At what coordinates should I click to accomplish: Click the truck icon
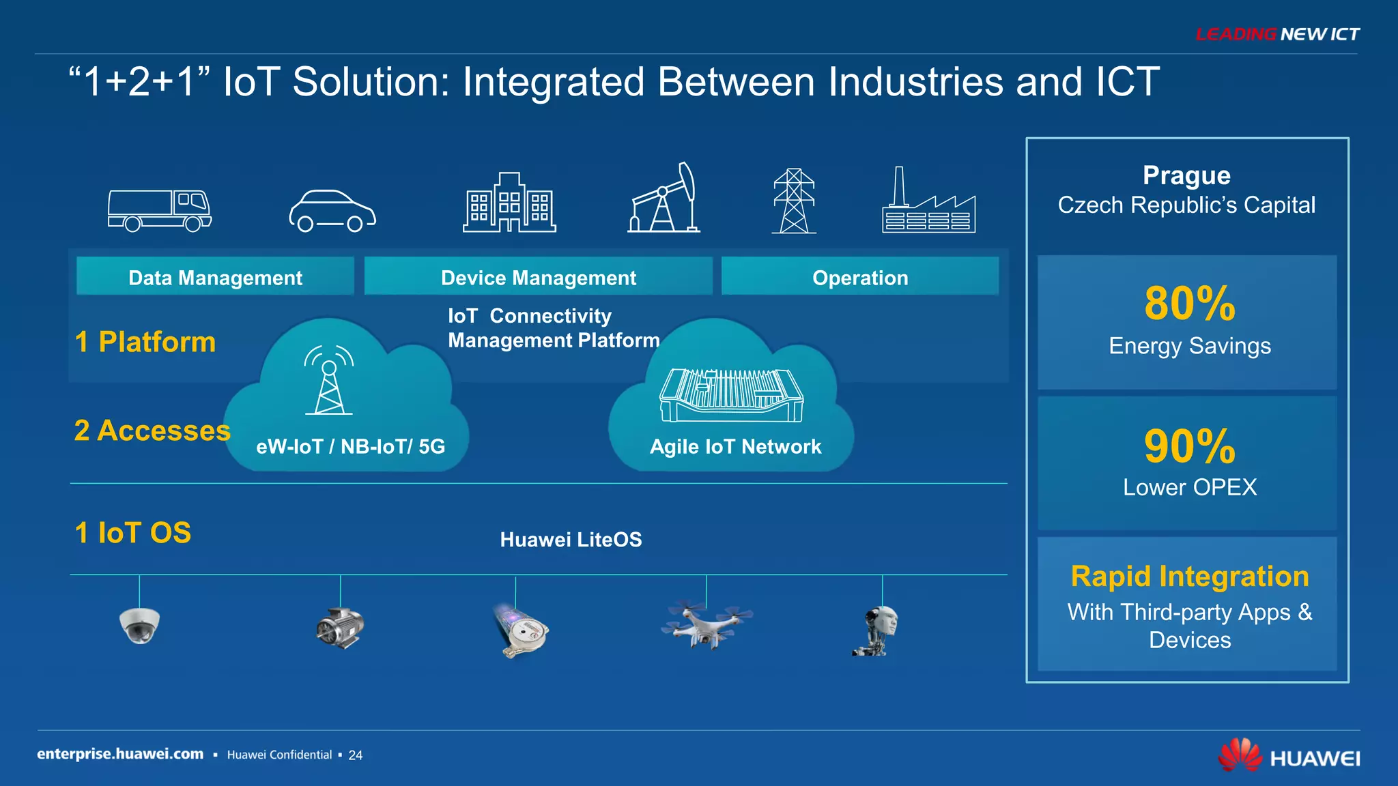[x=160, y=211]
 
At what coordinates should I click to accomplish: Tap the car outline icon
[x=332, y=211]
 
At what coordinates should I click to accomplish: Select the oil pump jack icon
[x=664, y=199]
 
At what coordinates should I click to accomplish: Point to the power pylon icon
[x=794, y=201]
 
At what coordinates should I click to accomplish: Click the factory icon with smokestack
[x=928, y=203]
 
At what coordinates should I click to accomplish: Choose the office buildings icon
[x=509, y=203]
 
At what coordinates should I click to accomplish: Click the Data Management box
[x=215, y=277]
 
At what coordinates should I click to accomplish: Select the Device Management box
[x=538, y=277]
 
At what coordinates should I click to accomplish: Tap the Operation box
[x=860, y=277]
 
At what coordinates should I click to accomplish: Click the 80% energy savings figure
[x=1189, y=304]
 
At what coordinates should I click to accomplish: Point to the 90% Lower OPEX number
[x=1189, y=446]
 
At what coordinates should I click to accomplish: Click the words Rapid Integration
[x=1189, y=577]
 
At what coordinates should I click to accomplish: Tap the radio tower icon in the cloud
[x=329, y=381]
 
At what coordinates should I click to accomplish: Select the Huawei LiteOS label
[x=571, y=540]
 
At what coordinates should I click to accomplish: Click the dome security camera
[x=140, y=624]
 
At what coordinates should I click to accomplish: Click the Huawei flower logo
[x=1240, y=755]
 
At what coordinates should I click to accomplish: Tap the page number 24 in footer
[x=356, y=755]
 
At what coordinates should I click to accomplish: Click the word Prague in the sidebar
[x=1186, y=175]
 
